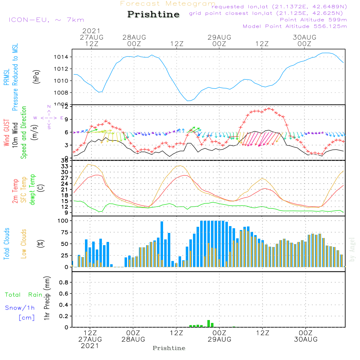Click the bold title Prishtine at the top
tap(153, 14)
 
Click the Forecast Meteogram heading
tap(168, 4)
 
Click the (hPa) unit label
tap(36, 76)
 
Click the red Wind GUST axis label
tap(6, 132)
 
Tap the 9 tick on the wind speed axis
tap(66, 119)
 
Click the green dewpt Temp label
tap(32, 190)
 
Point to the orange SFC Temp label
tap(24, 190)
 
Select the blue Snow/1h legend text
tap(20, 308)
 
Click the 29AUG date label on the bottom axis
tap(219, 339)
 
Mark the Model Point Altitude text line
tap(295, 26)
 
